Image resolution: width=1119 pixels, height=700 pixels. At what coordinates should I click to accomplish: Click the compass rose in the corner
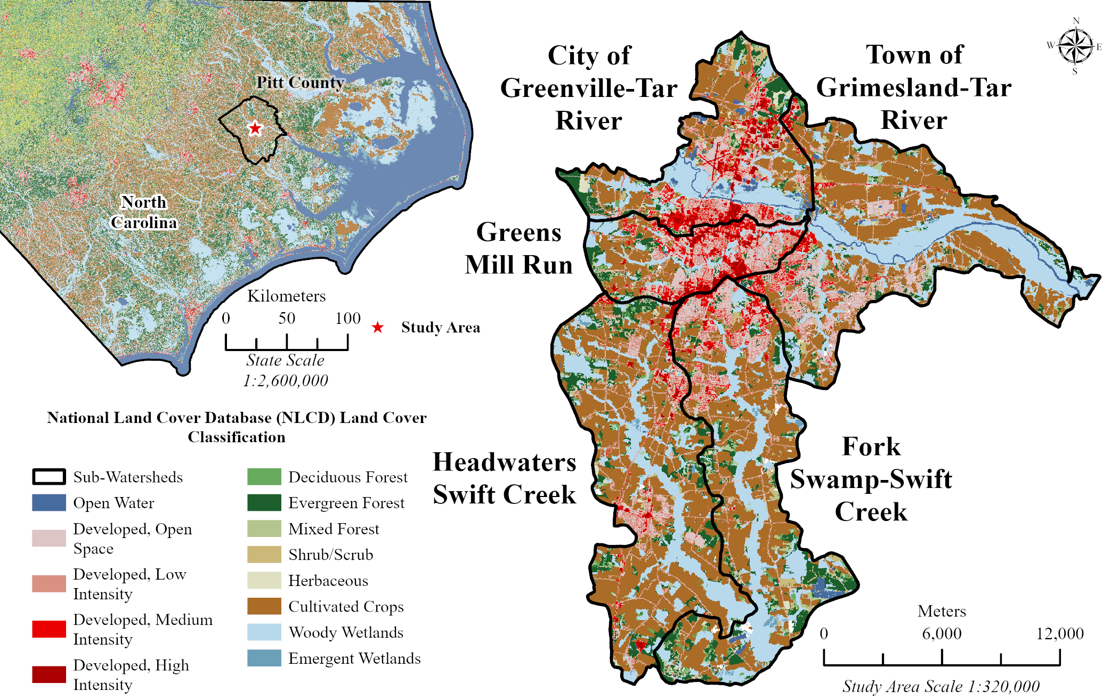[1075, 46]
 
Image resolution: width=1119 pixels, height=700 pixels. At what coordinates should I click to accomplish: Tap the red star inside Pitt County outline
[255, 128]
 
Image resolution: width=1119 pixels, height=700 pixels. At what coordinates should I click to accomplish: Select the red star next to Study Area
[378, 327]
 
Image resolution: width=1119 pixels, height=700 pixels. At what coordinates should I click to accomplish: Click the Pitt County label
[300, 82]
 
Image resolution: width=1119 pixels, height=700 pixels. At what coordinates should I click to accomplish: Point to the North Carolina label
[143, 212]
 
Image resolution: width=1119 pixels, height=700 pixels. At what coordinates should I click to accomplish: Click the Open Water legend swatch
[49, 502]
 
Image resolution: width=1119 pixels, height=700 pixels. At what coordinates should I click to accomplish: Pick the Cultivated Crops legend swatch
[264, 606]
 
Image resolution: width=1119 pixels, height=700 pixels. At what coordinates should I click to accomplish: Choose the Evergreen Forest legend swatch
[264, 502]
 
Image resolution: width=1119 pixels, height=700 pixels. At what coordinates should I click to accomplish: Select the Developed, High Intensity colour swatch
[49, 674]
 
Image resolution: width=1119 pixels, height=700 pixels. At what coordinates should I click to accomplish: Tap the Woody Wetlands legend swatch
[264, 632]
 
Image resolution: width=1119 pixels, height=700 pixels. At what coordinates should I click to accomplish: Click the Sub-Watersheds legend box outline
[49, 477]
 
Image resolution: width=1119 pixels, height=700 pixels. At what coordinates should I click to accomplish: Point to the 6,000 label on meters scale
[942, 633]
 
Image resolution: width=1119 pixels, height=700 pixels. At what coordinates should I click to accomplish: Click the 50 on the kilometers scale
[287, 318]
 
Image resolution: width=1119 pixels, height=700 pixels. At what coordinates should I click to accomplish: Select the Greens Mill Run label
[518, 249]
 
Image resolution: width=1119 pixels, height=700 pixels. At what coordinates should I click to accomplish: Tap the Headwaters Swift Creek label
[504, 478]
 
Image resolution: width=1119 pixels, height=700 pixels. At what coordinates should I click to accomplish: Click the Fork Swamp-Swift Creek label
[871, 479]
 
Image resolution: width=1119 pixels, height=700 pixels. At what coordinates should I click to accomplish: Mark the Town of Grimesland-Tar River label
[914, 87]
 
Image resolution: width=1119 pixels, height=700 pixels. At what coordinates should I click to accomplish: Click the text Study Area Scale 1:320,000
[940, 686]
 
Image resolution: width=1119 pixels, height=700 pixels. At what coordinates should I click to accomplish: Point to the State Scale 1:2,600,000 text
[286, 370]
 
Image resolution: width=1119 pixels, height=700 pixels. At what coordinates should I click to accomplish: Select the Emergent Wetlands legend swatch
[264, 658]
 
